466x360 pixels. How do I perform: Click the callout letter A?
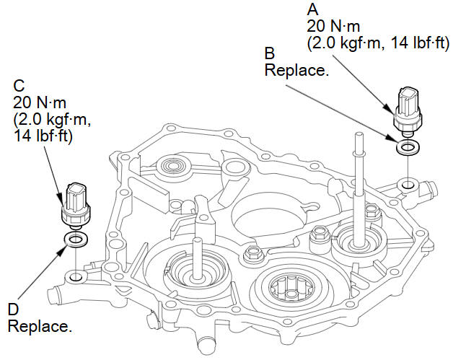click(313, 9)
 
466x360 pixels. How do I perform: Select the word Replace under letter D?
click(40, 326)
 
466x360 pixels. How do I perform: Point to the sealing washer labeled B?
click(408, 147)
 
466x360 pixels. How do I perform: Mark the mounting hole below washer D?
click(76, 276)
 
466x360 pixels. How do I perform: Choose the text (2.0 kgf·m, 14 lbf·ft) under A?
click(378, 43)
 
